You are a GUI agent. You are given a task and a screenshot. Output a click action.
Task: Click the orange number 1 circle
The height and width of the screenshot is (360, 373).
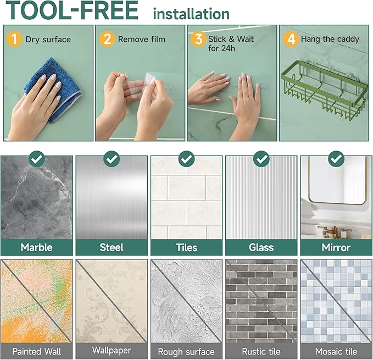click(14, 39)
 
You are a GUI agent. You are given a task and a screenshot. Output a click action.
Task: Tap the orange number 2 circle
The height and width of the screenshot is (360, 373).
click(107, 39)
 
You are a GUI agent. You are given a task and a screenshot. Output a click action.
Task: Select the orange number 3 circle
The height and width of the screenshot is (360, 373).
click(198, 39)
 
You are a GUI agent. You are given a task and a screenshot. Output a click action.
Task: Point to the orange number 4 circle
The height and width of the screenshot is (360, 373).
click(291, 39)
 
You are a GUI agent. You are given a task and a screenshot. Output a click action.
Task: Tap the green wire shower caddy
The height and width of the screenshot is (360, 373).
click(324, 91)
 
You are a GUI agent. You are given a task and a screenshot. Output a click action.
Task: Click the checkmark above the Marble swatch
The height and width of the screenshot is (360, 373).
click(37, 159)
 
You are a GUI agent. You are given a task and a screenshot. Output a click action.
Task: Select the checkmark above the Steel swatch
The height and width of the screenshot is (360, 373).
click(112, 159)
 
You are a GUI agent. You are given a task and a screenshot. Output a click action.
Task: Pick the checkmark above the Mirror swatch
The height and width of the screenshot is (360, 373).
click(336, 159)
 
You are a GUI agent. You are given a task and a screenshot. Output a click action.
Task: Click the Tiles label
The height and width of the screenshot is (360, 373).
click(187, 247)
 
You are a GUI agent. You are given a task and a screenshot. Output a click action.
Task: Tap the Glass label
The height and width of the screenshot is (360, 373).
click(261, 247)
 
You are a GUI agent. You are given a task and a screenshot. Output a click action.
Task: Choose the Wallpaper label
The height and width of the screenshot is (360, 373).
click(112, 350)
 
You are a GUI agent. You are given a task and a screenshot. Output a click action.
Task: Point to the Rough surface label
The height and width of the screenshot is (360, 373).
click(186, 352)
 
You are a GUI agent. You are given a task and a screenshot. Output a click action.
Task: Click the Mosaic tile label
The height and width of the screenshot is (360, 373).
click(336, 351)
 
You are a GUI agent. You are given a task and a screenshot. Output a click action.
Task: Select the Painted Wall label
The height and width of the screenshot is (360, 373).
click(37, 351)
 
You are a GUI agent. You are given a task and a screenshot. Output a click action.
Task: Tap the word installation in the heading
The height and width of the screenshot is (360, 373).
click(191, 14)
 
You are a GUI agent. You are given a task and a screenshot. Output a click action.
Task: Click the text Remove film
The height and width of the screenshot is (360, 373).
click(142, 39)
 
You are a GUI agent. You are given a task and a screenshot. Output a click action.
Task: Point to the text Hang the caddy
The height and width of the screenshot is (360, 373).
click(330, 39)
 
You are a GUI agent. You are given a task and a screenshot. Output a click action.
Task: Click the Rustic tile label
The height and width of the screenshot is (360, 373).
click(261, 351)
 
